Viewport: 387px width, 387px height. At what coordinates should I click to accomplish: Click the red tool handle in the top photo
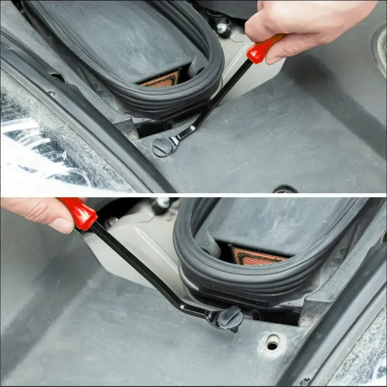pyautogui.click(x=265, y=49)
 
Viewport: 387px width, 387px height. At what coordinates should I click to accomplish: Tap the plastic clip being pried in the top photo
pyautogui.click(x=162, y=147)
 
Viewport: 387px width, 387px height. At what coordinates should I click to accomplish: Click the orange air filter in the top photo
pyautogui.click(x=161, y=79)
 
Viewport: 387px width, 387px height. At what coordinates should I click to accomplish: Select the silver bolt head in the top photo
pyautogui.click(x=223, y=28)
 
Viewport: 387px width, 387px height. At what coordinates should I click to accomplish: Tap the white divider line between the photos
pyautogui.click(x=193, y=195)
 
